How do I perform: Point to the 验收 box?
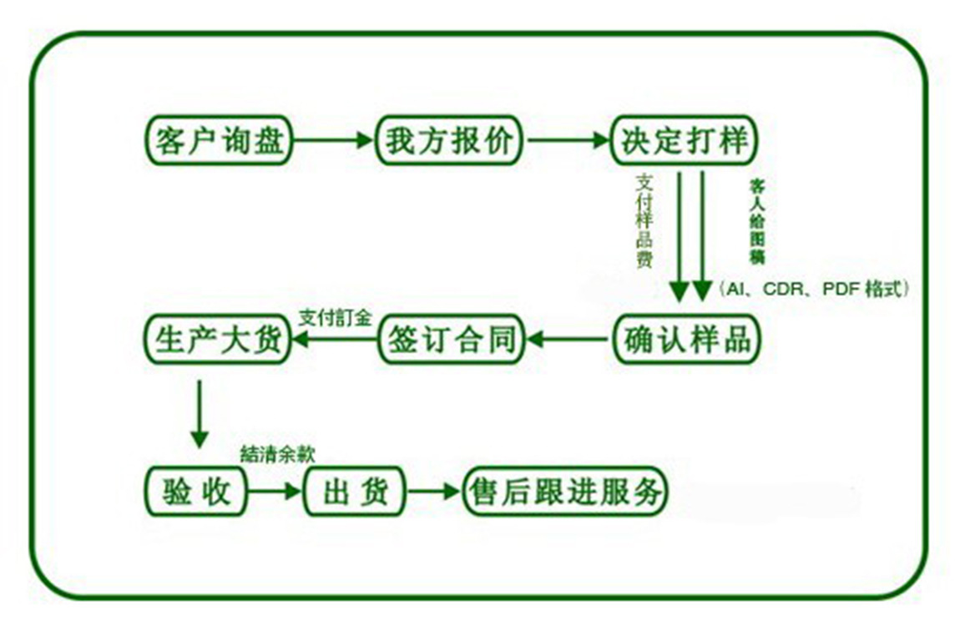[197, 491]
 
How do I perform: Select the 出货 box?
[356, 491]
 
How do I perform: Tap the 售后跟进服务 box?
[567, 491]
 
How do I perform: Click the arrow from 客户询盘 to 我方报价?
[333, 141]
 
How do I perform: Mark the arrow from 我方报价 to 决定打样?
[568, 141]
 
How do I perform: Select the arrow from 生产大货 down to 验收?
[199, 414]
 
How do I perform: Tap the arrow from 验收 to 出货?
[275, 492]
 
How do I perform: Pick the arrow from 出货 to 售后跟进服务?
[434, 492]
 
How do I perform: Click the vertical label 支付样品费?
[644, 220]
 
